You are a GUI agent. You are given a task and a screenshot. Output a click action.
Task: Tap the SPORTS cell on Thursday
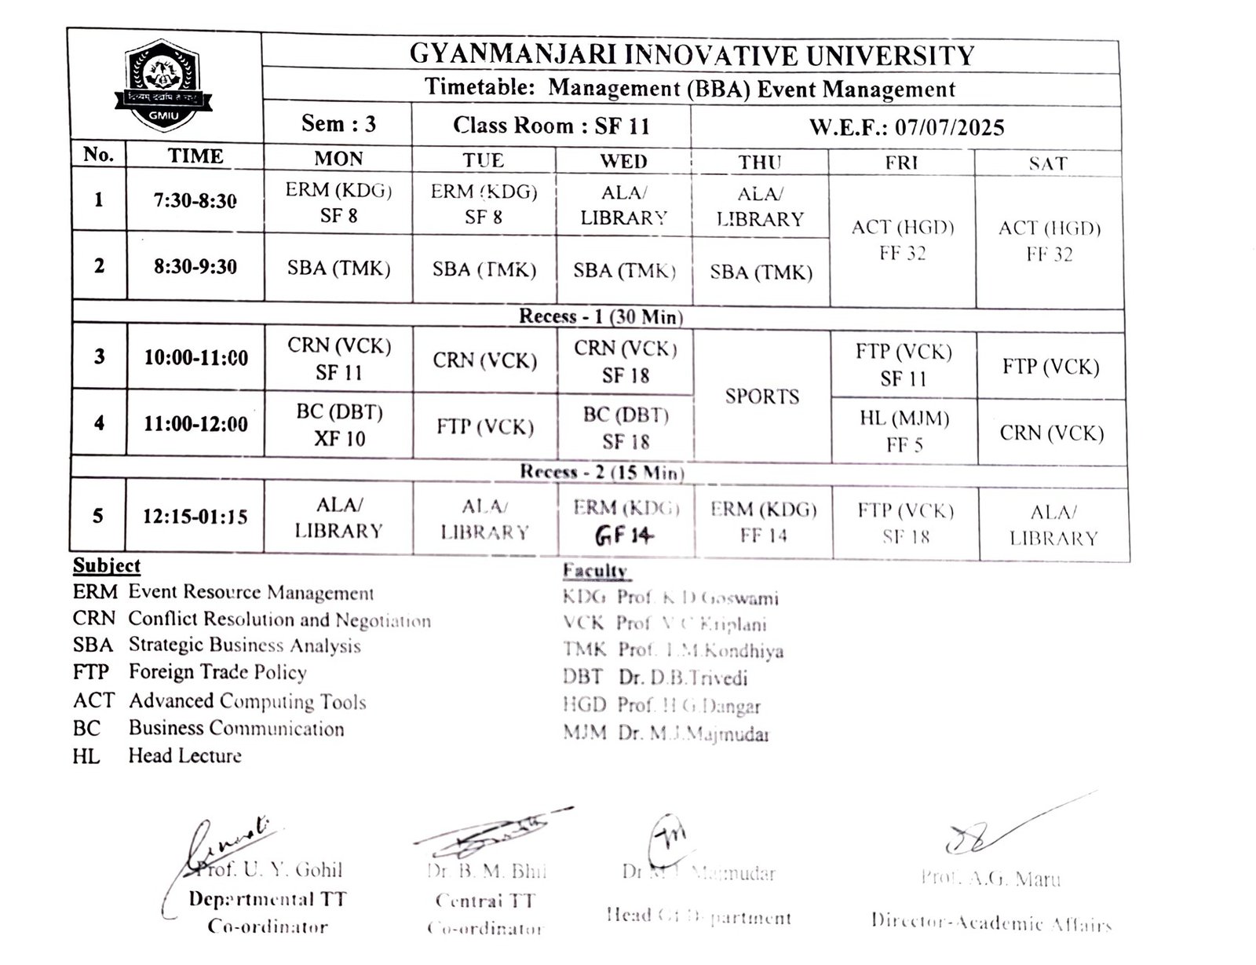[761, 397]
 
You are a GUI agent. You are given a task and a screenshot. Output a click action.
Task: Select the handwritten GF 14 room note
[625, 536]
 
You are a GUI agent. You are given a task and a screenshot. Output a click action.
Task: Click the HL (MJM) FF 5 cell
[904, 431]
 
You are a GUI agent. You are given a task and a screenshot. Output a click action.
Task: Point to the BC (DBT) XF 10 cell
[339, 425]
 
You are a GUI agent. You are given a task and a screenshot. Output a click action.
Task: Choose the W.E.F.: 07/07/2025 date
[907, 127]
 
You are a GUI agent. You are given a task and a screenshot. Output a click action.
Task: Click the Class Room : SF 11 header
[551, 126]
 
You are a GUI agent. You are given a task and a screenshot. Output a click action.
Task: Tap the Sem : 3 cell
[338, 124]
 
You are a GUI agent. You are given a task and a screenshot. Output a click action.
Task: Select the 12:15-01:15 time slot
[195, 517]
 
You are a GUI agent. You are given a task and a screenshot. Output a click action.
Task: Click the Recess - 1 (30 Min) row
[601, 316]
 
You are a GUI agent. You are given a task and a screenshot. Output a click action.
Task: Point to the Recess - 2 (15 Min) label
[601, 472]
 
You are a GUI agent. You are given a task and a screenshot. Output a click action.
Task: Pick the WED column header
[623, 162]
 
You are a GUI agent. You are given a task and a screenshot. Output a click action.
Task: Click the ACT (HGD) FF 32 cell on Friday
[903, 240]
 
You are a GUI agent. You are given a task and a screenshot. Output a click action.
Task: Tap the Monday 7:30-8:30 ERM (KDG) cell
[338, 203]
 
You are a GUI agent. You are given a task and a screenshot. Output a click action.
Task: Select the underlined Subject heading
[106, 566]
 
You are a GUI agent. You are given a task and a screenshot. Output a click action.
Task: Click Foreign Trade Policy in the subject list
[217, 672]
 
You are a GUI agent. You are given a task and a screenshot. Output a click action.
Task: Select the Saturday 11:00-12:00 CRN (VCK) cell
[1051, 433]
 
